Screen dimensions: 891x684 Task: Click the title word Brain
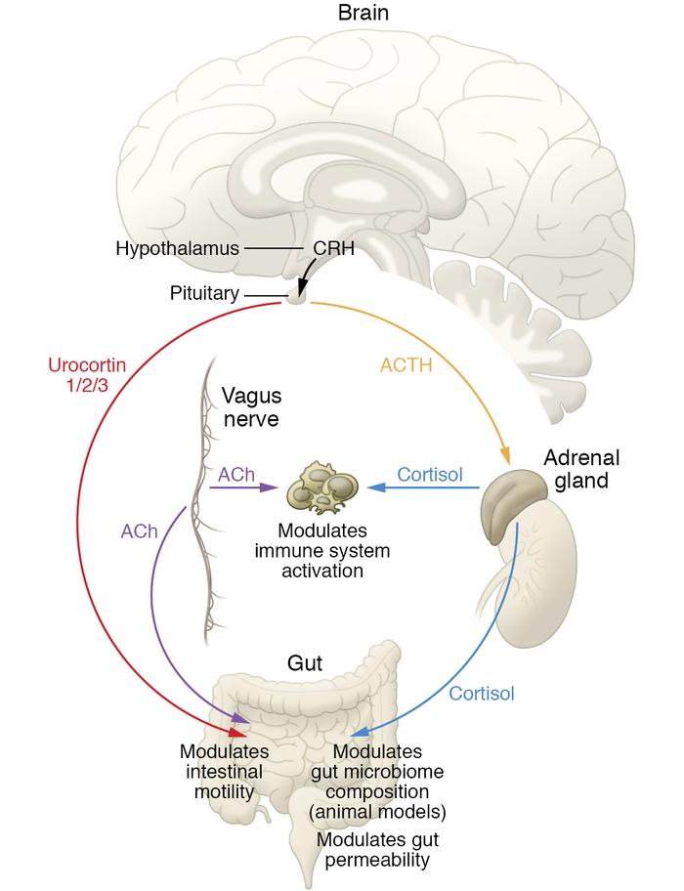[x=363, y=14]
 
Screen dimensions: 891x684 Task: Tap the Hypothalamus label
[x=176, y=249]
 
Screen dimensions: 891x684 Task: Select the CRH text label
[x=334, y=249]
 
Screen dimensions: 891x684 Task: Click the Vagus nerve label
[x=251, y=407]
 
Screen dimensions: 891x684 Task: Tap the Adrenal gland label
[x=582, y=469]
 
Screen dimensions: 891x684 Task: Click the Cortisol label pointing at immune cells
[x=430, y=475]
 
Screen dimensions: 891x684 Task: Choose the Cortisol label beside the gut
[x=482, y=694]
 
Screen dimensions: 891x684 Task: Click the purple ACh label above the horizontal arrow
[x=237, y=475]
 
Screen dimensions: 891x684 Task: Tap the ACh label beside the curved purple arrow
[x=139, y=530]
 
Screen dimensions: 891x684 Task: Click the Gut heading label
[x=305, y=663]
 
